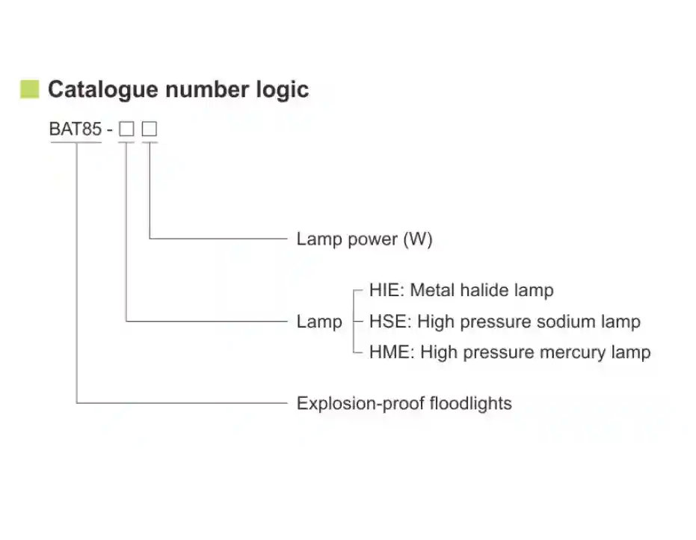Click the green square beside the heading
pos(29,89)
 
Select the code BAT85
pos(75,129)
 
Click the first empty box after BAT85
pos(127,129)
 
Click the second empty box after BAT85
pos(150,129)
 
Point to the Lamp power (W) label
pos(364,239)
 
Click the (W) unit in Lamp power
pos(418,239)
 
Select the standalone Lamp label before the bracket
pos(319,322)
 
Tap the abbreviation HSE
pos(388,322)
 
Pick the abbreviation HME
pos(389,352)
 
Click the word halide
pos(481,290)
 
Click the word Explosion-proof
pos(351,404)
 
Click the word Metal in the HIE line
pos(433,290)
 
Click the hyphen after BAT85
pos(110,130)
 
